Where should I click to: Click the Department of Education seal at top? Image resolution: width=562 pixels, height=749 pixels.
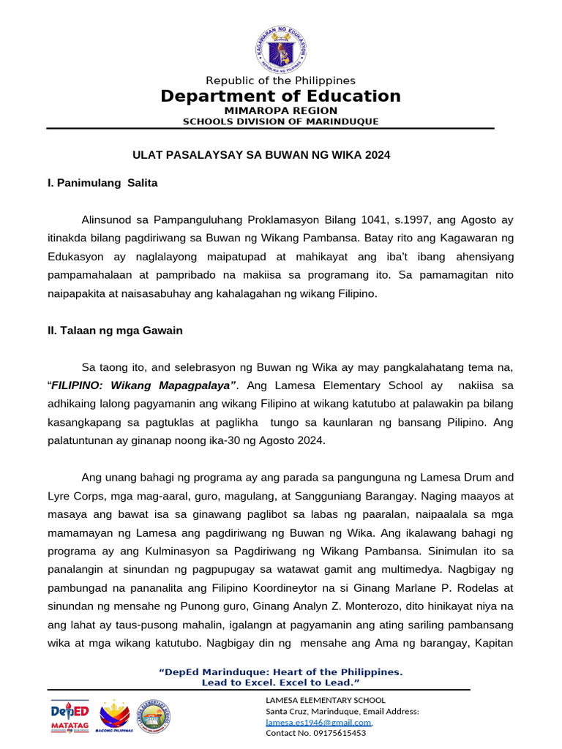tap(281, 49)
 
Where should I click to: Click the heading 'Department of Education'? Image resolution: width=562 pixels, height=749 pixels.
tap(281, 97)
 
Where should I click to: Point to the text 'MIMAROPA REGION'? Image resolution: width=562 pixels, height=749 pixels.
tap(281, 110)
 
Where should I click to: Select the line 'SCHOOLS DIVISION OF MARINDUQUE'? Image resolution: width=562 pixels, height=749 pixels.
tap(281, 121)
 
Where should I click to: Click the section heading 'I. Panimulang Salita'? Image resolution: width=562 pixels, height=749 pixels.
tap(102, 183)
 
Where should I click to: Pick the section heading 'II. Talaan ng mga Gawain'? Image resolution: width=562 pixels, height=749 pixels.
tap(115, 331)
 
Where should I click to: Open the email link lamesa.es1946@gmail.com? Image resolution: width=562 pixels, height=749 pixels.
tap(318, 722)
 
